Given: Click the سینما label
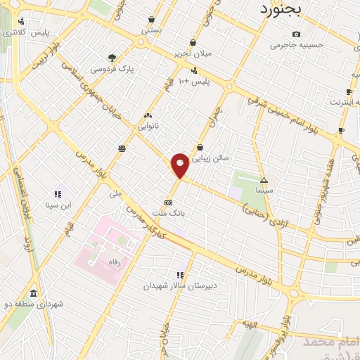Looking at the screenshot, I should pyautogui.click(x=264, y=190).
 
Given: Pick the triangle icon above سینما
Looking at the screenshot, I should pyautogui.click(x=264, y=179).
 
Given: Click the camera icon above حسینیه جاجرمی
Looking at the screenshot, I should pyautogui.click(x=296, y=34).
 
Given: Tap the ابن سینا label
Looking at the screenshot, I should pyautogui.click(x=59, y=205).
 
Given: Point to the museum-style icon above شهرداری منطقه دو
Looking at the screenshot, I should pyautogui.click(x=33, y=293).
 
